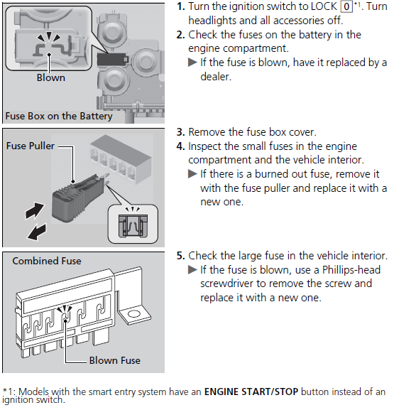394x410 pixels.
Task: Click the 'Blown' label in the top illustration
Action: coord(50,78)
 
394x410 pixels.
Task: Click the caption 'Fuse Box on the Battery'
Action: coord(59,116)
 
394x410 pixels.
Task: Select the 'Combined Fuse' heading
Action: coord(47,261)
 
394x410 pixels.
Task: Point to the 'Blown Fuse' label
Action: coord(114,360)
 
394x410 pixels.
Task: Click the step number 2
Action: coord(180,35)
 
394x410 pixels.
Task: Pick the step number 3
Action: coord(180,133)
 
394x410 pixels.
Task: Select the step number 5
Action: coord(180,256)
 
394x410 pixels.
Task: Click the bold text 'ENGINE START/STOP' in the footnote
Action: coord(250,392)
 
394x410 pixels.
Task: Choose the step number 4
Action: coord(180,146)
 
